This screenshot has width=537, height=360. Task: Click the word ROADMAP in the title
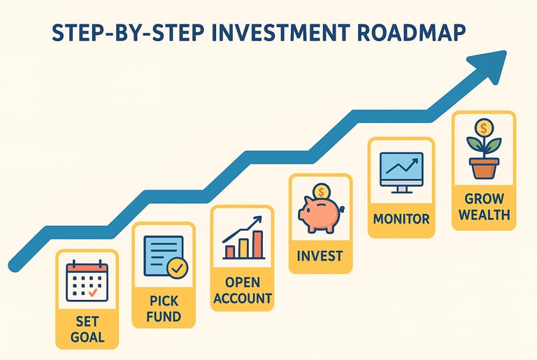click(410, 33)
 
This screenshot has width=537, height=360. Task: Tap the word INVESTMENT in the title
click(280, 33)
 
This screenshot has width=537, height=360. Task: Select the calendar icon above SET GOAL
click(87, 281)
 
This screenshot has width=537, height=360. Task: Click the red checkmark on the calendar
click(93, 292)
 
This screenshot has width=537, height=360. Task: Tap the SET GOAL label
click(87, 329)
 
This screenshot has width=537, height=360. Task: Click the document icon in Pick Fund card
click(164, 256)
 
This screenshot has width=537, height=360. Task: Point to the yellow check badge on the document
click(178, 268)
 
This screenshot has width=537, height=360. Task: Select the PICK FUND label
click(164, 309)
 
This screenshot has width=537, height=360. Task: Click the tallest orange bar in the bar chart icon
click(258, 244)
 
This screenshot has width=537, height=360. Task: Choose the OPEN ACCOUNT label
click(243, 291)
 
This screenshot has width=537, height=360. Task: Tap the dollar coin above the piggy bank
click(322, 192)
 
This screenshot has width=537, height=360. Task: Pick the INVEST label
click(320, 256)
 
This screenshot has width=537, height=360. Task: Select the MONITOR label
click(401, 219)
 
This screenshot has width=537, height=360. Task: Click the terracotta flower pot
click(484, 168)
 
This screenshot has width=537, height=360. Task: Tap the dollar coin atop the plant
click(484, 129)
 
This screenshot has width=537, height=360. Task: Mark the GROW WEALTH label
click(485, 207)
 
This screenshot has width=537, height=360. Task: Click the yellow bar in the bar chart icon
click(243, 248)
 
